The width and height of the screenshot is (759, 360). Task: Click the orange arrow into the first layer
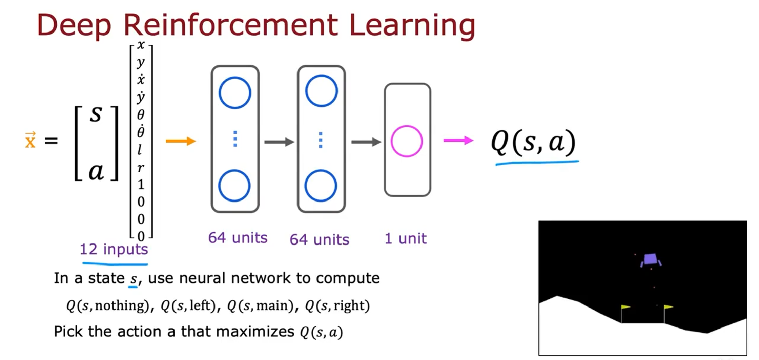coord(181,141)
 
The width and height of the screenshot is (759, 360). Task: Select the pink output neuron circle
coord(407,141)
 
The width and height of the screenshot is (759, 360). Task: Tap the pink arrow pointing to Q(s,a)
coord(458,140)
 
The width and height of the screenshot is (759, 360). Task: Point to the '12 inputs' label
coord(114,249)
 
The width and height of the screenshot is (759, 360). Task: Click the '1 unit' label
coord(405,238)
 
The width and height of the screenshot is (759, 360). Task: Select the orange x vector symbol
coord(30,140)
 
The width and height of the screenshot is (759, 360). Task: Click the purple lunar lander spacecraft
coord(650,260)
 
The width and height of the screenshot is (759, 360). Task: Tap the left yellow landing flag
coord(625,307)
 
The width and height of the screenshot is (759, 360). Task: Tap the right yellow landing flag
coord(668,307)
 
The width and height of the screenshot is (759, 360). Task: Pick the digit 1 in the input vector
coord(141,184)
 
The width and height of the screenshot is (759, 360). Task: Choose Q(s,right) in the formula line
coord(337,305)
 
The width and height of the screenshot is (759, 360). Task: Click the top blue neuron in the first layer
coord(235,93)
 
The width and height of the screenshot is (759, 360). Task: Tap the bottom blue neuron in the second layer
coord(321,186)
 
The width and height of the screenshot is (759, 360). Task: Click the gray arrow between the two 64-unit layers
coord(279,142)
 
